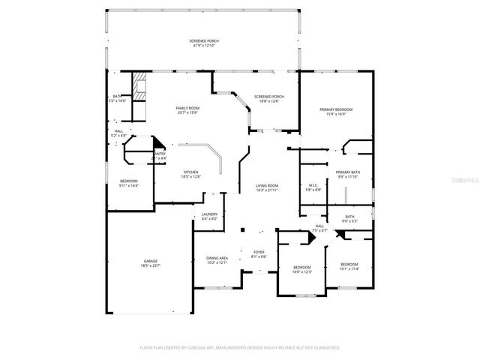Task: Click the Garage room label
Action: (x=151, y=261)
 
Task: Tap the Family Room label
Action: (x=187, y=109)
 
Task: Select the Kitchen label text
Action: (x=191, y=172)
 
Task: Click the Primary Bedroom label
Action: (x=336, y=109)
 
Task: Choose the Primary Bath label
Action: (x=347, y=172)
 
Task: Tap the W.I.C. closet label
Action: (x=314, y=185)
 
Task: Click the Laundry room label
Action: (x=208, y=214)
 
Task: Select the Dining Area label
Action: (x=217, y=259)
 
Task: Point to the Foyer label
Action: (x=258, y=252)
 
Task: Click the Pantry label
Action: (x=159, y=154)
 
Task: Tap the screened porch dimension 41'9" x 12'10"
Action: (x=204, y=46)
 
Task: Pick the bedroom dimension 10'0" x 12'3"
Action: (x=302, y=271)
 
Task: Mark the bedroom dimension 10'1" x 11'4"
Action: (x=349, y=268)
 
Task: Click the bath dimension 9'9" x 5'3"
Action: (x=350, y=221)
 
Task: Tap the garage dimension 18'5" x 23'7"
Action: (x=151, y=265)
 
